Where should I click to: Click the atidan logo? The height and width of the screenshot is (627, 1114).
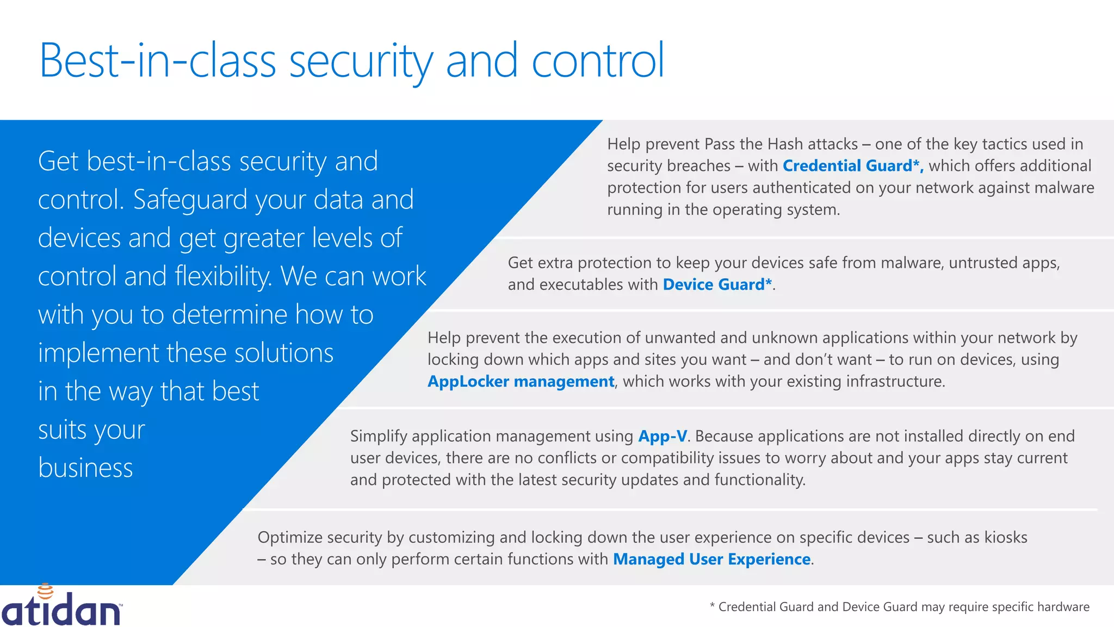pyautogui.click(x=61, y=608)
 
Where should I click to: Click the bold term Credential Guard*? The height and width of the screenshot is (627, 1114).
pyautogui.click(x=852, y=165)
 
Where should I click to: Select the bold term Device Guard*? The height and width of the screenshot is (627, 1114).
pyautogui.click(x=717, y=285)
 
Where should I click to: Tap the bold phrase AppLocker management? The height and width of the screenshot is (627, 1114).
pyautogui.click(x=521, y=382)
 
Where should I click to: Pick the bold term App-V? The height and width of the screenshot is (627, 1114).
pyautogui.click(x=663, y=436)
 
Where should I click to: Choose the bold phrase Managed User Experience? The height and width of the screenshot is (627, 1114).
pyautogui.click(x=711, y=560)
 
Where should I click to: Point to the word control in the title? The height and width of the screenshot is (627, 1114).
pyautogui.click(x=597, y=61)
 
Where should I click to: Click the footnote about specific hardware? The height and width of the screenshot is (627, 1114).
pyautogui.click(x=899, y=607)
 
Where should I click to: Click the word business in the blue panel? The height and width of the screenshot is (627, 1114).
pyautogui.click(x=85, y=468)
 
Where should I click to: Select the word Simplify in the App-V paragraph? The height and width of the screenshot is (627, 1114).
pyautogui.click(x=379, y=437)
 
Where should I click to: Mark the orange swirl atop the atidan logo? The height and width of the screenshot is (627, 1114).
pyautogui.click(x=45, y=591)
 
